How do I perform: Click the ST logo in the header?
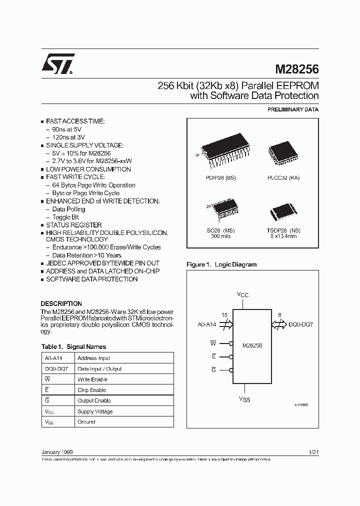(58, 63)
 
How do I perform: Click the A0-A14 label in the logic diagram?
(207, 324)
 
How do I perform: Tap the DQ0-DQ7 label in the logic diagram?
(300, 324)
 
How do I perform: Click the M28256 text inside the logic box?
(252, 345)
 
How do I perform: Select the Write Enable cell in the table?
(92, 379)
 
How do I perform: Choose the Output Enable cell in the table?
(94, 400)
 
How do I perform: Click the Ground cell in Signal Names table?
(86, 422)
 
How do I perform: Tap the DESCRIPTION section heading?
(61, 303)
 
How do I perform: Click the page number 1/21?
(314, 452)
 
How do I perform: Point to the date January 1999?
(59, 452)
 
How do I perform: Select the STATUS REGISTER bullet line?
(73, 225)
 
